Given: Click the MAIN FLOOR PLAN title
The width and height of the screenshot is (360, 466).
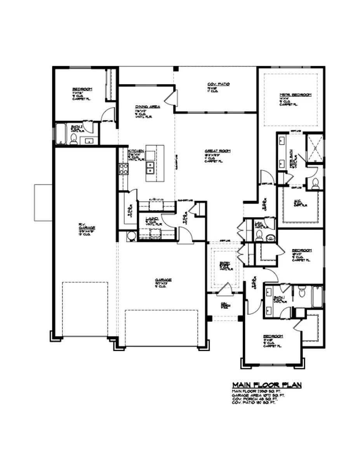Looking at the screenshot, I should pyautogui.click(x=266, y=385).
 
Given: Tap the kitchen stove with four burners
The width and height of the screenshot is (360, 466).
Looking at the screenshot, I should pyautogui.click(x=123, y=168).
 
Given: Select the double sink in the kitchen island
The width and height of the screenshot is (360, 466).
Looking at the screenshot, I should pyautogui.click(x=150, y=168).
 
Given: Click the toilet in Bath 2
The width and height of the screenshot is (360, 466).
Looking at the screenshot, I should pyautogui.click(x=73, y=139).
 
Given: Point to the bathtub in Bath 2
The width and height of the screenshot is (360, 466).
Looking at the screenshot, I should pyautogui.click(x=61, y=134).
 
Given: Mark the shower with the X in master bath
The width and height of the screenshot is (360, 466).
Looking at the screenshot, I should pyautogui.click(x=315, y=148).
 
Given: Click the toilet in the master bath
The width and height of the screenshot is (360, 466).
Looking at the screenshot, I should pyautogui.click(x=315, y=183).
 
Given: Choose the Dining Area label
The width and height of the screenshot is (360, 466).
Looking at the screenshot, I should pyautogui.click(x=146, y=107).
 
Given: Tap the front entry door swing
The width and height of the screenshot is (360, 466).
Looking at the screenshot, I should pyautogui.click(x=225, y=289).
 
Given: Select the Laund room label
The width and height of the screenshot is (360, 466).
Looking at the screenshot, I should pyautogui.click(x=151, y=220).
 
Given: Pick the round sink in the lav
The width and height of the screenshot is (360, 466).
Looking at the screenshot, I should pyautogui.click(x=270, y=237).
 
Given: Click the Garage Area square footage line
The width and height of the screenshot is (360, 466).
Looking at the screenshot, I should pyautogui.click(x=258, y=395).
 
